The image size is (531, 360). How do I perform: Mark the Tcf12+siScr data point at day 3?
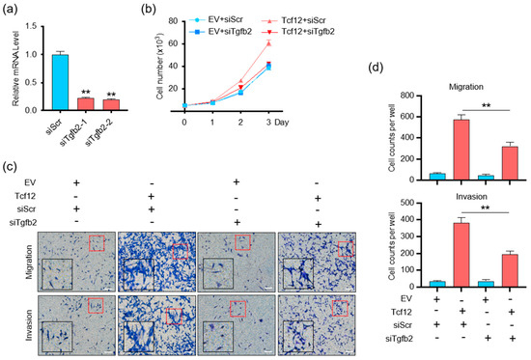294,43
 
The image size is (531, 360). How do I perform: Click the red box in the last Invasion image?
340,307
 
